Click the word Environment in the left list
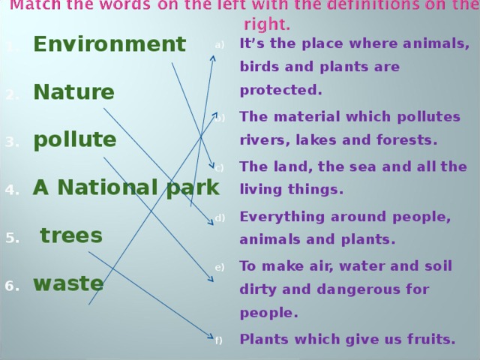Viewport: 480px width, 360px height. (x=109, y=45)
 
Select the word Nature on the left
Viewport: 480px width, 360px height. (x=73, y=93)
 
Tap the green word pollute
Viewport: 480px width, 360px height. (x=74, y=140)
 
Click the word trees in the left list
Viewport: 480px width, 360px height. (x=71, y=235)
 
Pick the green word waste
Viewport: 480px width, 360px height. (x=68, y=283)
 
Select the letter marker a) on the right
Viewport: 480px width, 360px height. (x=220, y=45)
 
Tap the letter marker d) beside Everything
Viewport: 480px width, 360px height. (x=220, y=218)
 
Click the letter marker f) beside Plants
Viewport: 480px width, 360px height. (x=218, y=340)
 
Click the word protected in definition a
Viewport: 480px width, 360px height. (x=280, y=91)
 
